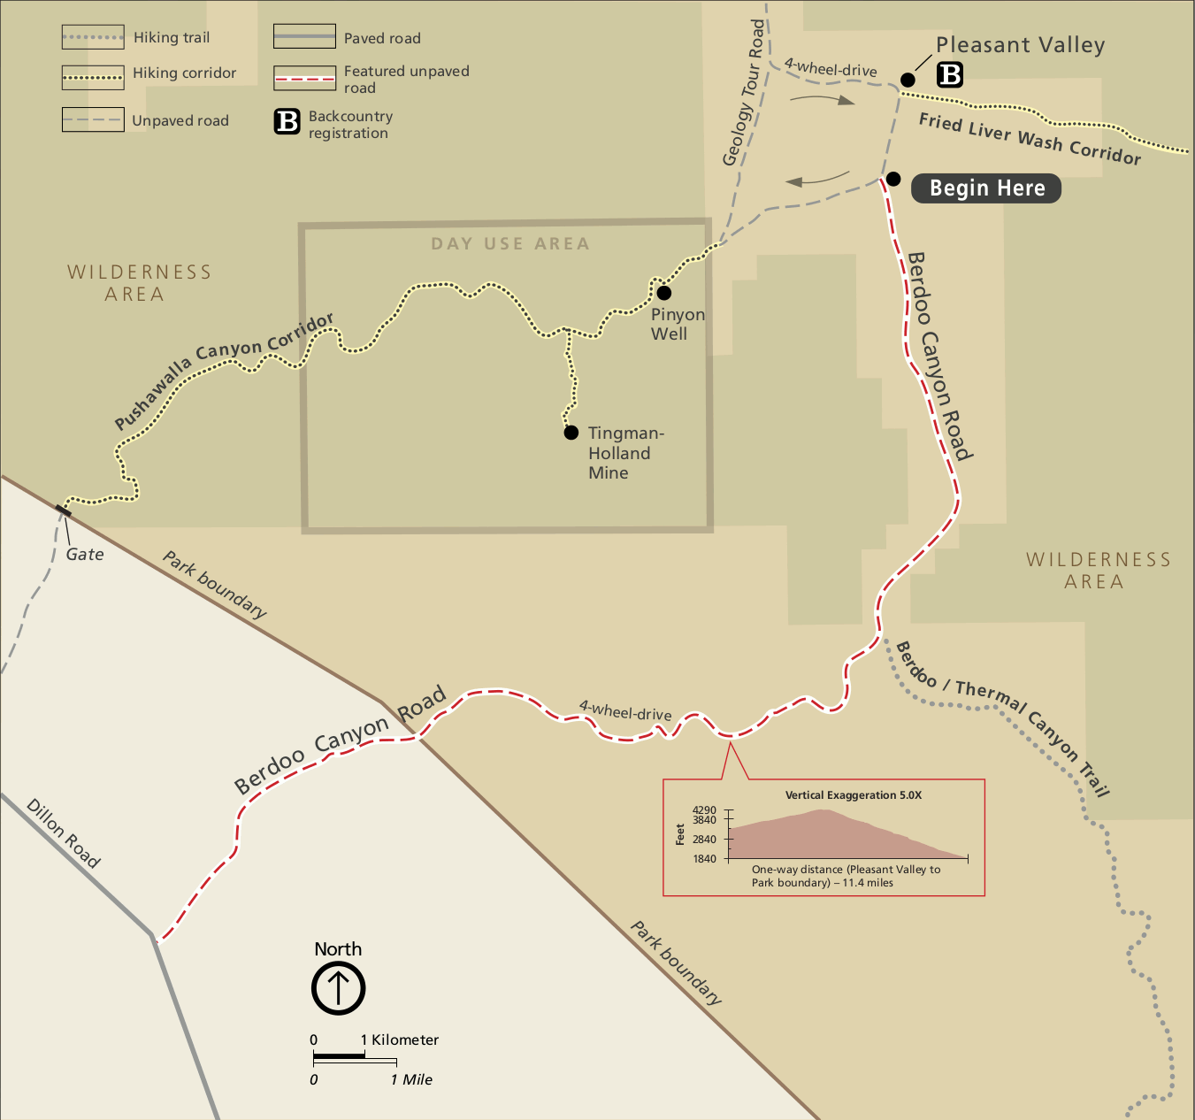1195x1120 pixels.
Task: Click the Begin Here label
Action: click(986, 188)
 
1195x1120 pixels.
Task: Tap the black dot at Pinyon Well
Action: click(663, 293)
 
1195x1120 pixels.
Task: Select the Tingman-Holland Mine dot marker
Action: click(571, 433)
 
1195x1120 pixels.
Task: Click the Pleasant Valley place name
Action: click(1020, 45)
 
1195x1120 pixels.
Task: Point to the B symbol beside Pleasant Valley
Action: click(950, 75)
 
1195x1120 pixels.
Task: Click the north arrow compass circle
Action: click(338, 988)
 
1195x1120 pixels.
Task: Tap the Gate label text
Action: click(85, 555)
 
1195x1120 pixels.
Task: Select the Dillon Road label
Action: click(63, 833)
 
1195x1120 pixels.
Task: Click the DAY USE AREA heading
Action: click(510, 244)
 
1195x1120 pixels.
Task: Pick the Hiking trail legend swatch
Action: click(93, 37)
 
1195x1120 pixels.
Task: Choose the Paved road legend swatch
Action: click(304, 37)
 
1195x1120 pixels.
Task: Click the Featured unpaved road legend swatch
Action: click(304, 79)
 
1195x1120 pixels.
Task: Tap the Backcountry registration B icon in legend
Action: click(287, 121)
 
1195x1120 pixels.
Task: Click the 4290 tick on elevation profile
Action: click(705, 810)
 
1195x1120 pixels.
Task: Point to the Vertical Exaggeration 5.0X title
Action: click(854, 795)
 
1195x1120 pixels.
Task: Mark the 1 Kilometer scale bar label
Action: click(400, 1040)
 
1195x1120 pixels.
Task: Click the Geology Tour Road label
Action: click(744, 94)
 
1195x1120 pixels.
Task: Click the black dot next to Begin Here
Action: click(893, 180)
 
